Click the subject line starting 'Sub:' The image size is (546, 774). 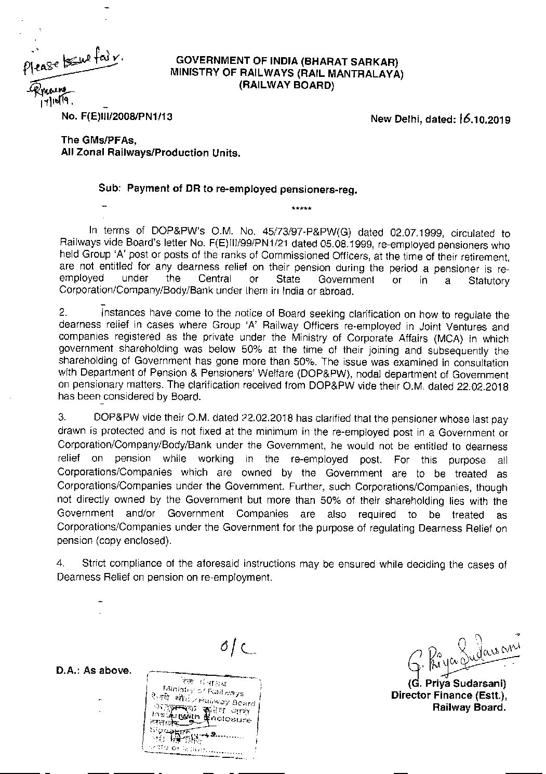click(x=228, y=190)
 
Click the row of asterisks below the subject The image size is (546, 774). click(x=301, y=209)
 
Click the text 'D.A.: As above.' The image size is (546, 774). click(x=94, y=670)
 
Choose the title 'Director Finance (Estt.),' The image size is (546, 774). click(x=449, y=696)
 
